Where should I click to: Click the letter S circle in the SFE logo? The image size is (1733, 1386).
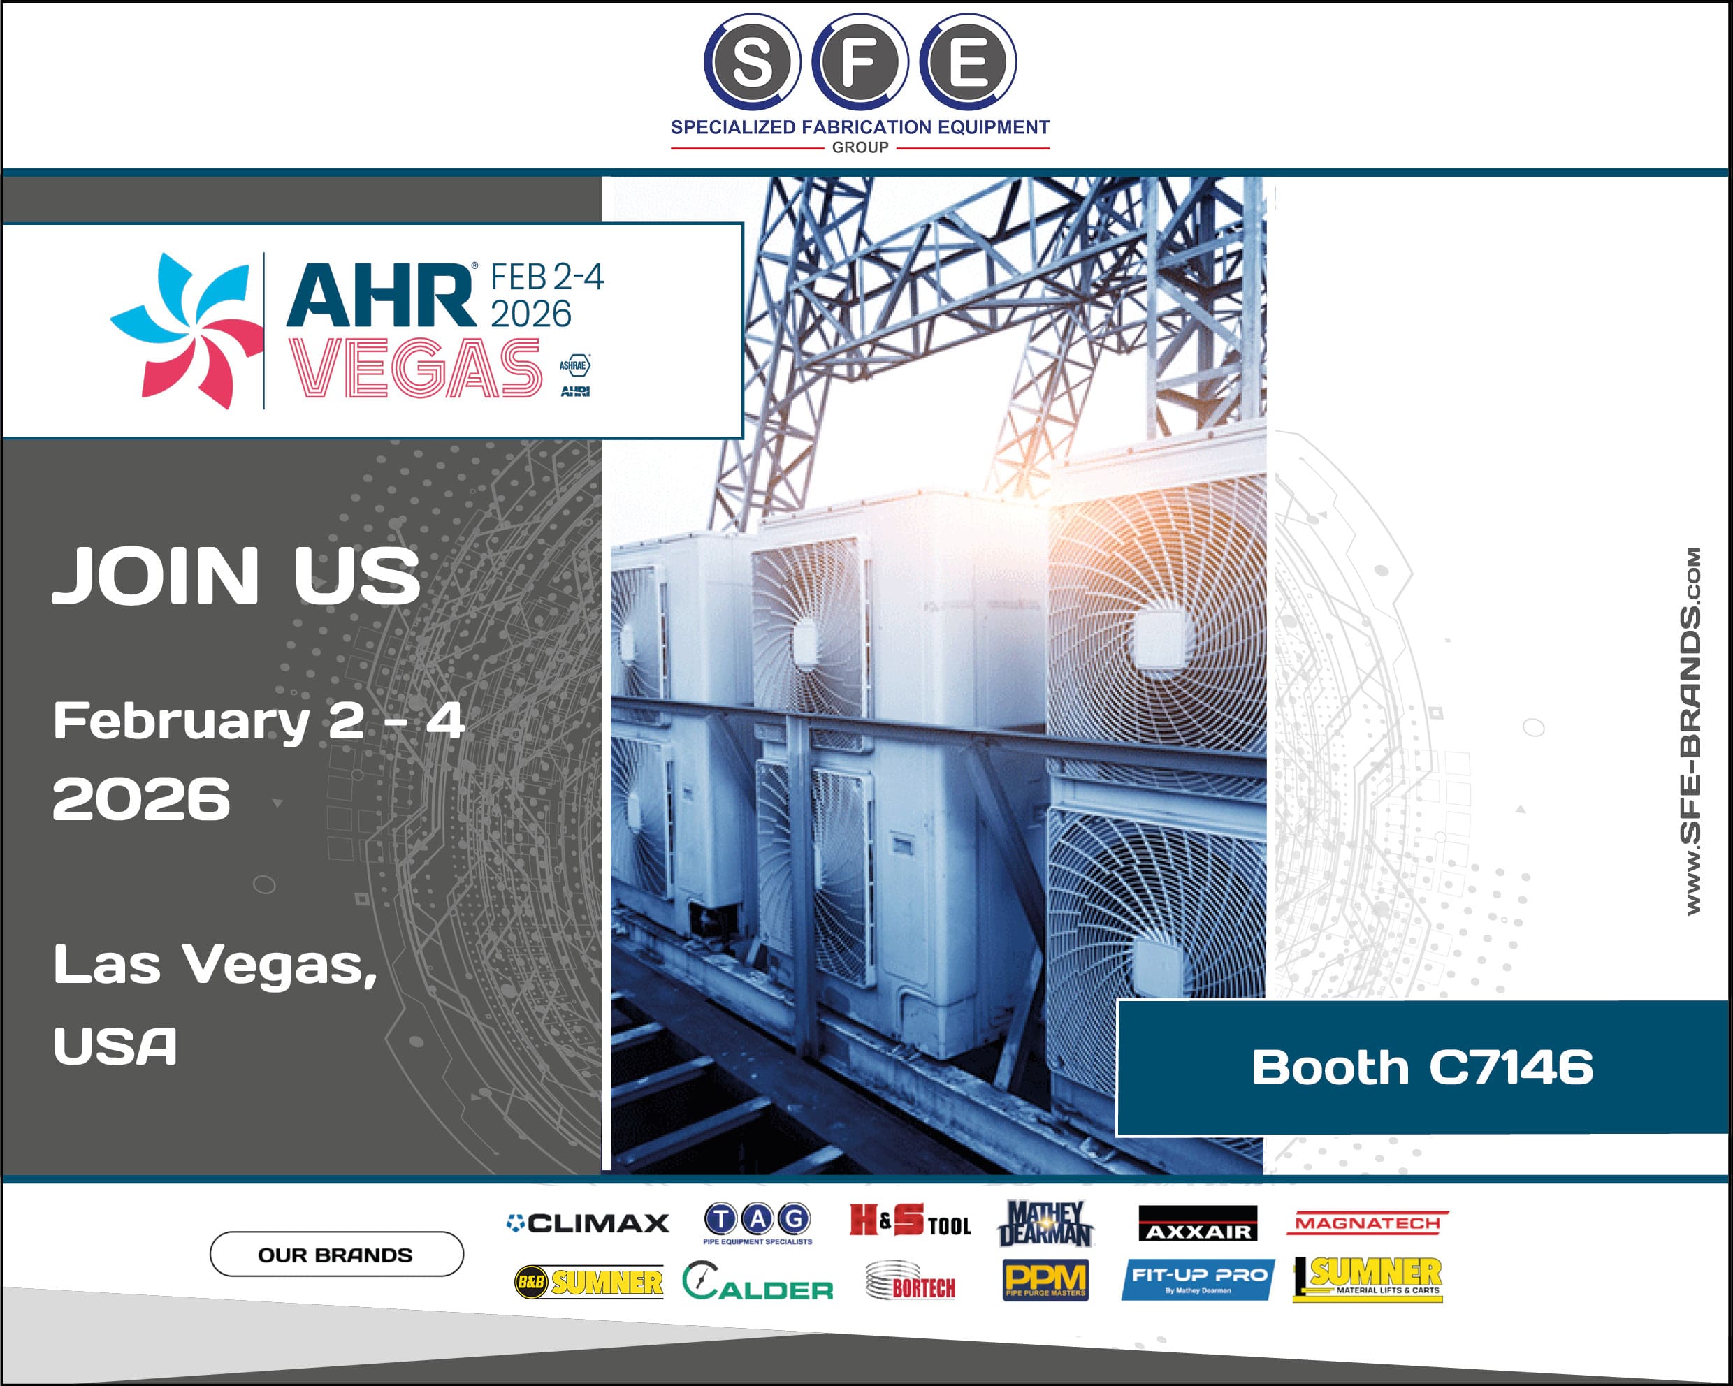click(752, 62)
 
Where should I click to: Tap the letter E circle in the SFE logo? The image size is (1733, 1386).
click(968, 62)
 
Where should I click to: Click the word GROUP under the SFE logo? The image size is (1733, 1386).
click(860, 148)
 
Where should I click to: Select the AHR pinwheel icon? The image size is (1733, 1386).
click(187, 331)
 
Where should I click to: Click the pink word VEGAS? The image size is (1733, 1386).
click(415, 368)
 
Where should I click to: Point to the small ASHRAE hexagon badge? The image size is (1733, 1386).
click(574, 365)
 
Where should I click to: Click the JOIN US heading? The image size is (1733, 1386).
click(236, 576)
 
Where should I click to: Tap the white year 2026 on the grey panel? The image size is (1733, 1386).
click(141, 798)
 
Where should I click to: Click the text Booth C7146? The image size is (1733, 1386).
click(1422, 1067)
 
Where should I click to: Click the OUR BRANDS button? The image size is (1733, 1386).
click(337, 1254)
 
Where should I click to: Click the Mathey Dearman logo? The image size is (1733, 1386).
click(1044, 1224)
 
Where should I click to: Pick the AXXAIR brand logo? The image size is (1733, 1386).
click(1198, 1224)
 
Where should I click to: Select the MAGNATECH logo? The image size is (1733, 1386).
click(1368, 1223)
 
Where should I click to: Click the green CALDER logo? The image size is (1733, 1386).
click(758, 1281)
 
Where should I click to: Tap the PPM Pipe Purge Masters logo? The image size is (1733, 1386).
click(1045, 1280)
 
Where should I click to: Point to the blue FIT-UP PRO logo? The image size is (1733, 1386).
click(1198, 1279)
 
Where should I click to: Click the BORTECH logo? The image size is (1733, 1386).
click(911, 1281)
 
